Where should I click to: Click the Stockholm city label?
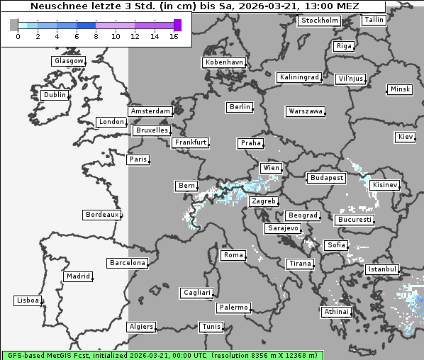point(319,21)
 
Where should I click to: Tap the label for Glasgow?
point(69,61)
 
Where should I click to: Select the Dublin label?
point(55,95)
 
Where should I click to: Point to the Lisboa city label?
point(28,300)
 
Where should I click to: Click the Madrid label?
point(77,276)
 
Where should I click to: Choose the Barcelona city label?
point(128,263)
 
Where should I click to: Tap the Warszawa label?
point(306,111)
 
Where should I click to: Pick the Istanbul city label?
point(382,270)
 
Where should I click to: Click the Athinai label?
point(336,312)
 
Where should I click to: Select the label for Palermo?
point(233,308)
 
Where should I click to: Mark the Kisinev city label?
point(385,185)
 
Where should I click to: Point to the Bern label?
point(186,186)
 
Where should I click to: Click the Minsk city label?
point(399,89)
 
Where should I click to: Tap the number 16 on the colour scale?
point(174,36)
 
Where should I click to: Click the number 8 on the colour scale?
point(95,36)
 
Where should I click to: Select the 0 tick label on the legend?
point(17,36)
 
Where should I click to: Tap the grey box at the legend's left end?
point(14,25)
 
